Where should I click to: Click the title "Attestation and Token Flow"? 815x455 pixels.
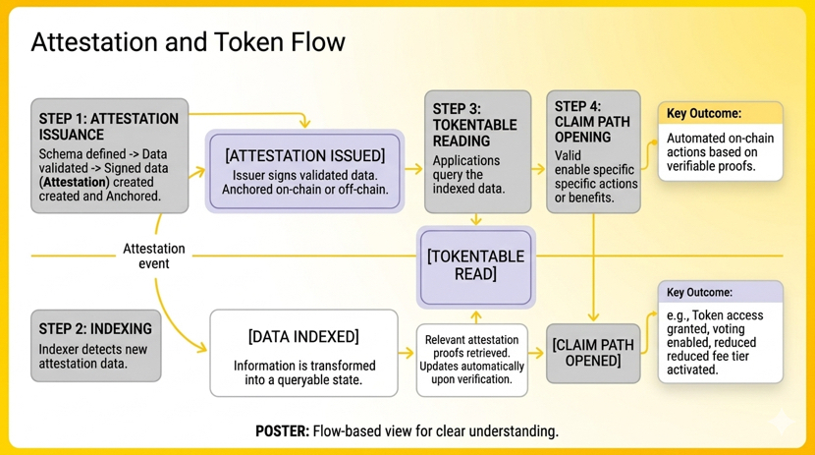point(188,42)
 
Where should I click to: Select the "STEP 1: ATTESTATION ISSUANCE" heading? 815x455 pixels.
point(108,126)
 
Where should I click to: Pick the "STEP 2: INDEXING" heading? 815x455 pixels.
point(95,328)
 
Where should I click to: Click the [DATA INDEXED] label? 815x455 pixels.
point(303,337)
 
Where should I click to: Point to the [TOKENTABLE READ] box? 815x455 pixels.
point(476,264)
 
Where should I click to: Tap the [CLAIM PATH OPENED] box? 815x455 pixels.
point(593,353)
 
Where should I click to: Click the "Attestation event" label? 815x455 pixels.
point(153,256)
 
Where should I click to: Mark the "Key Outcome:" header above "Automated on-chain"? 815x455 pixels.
point(703,114)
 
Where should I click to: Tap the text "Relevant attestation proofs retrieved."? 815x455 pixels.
point(472,347)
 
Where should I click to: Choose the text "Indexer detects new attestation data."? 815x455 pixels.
point(94,356)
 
